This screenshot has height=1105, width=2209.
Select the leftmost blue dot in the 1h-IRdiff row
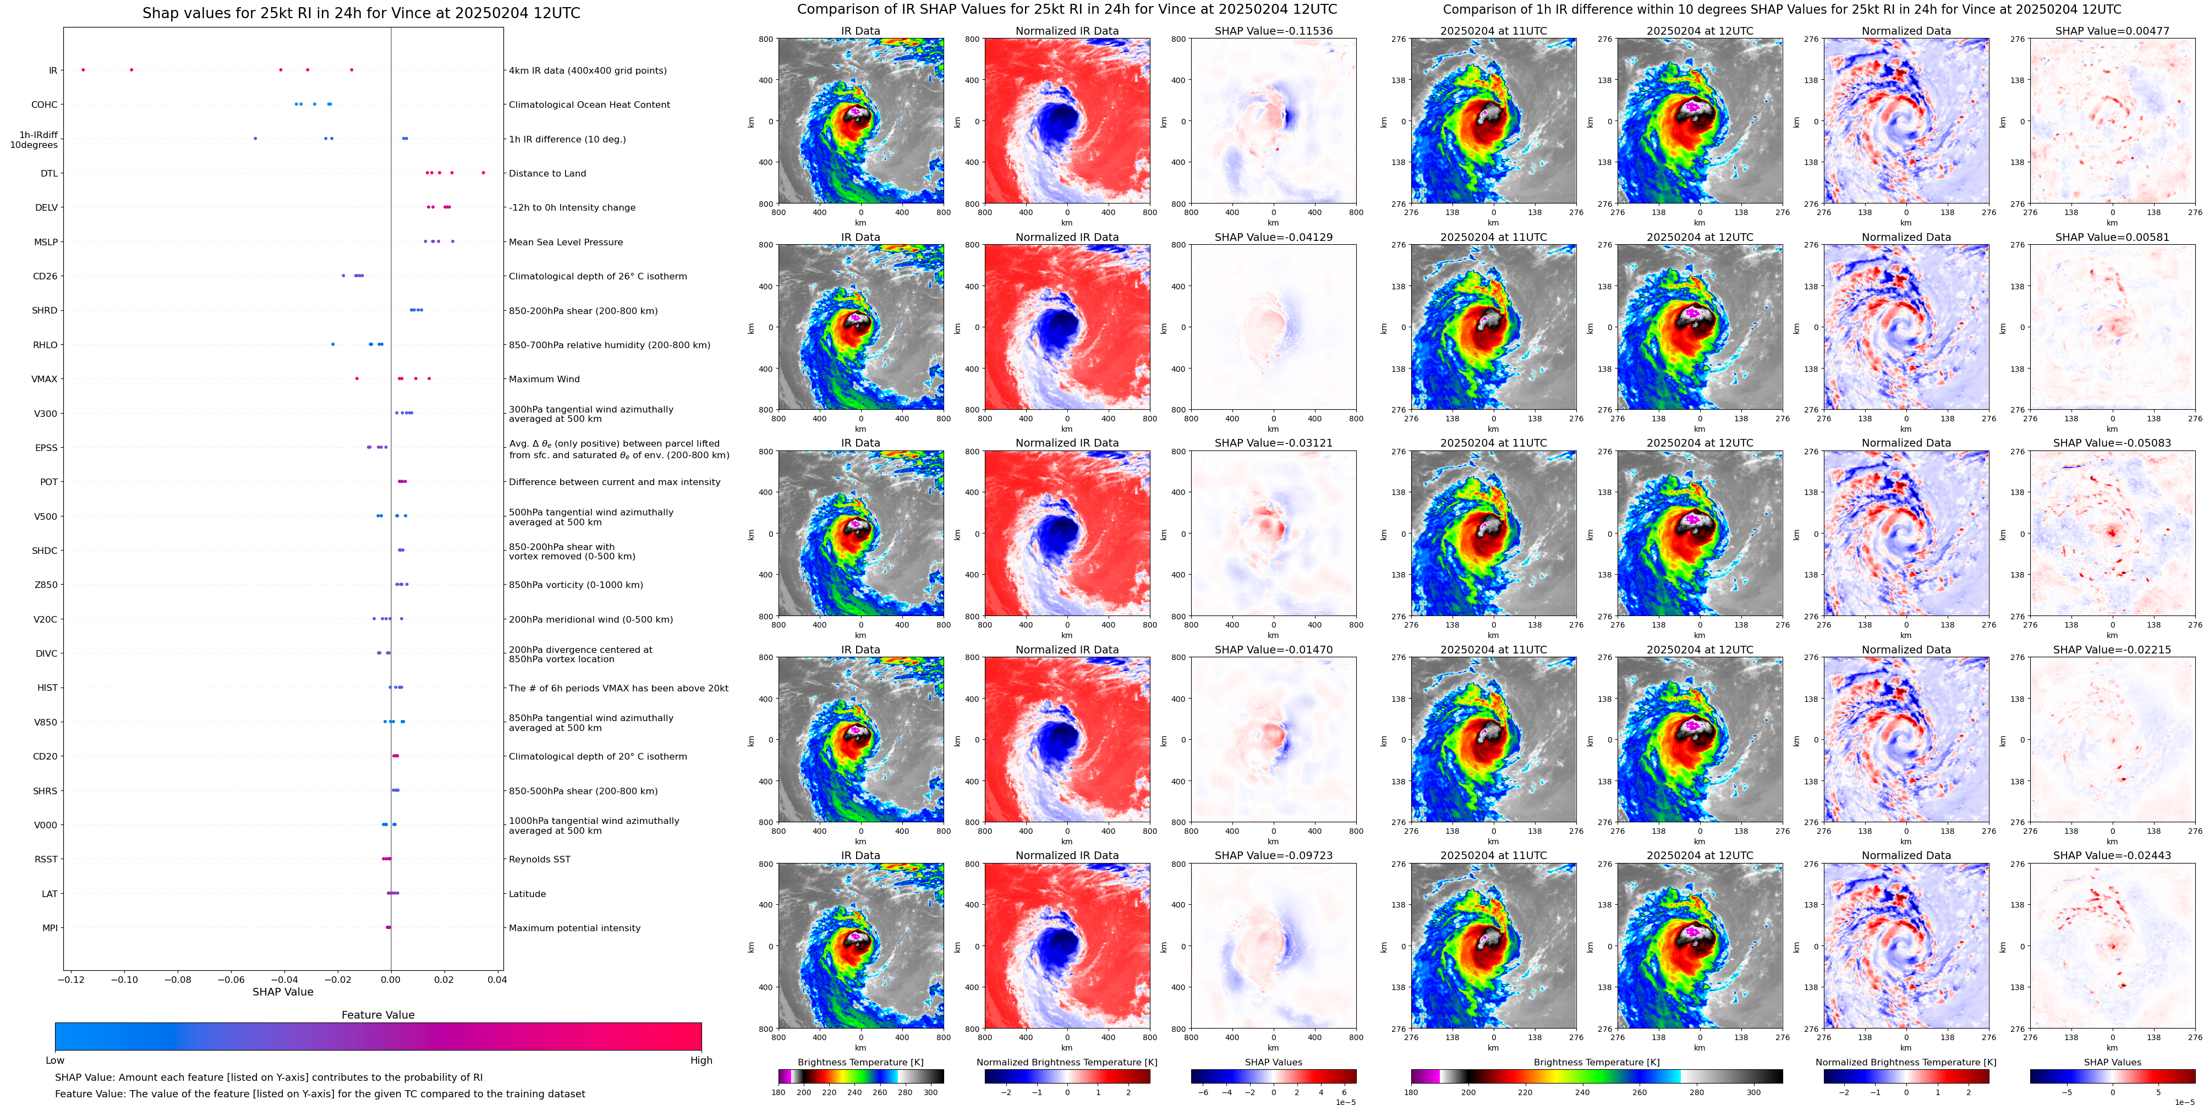(255, 138)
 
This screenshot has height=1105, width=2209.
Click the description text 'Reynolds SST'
(539, 859)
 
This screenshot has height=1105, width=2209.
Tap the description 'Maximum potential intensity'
(574, 927)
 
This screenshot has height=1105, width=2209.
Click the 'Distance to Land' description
(547, 173)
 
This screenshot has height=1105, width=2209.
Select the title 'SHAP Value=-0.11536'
(1274, 31)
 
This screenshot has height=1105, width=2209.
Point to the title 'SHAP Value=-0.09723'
(1274, 855)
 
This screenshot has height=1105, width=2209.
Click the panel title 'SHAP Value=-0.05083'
(2112, 443)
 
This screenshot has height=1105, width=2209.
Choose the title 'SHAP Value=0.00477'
(2112, 31)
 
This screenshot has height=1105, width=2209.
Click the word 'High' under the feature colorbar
(701, 1060)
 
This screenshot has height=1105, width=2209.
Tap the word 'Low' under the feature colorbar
(55, 1060)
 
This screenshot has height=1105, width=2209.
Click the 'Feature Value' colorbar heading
(378, 1015)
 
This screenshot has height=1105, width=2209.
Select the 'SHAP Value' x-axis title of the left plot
(283, 992)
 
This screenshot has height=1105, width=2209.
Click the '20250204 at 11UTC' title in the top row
(1494, 31)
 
